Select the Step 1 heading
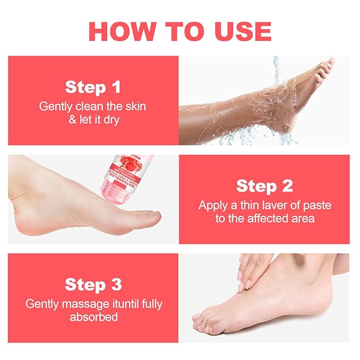point(93,86)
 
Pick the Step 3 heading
point(93,284)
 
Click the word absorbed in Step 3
point(93,318)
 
